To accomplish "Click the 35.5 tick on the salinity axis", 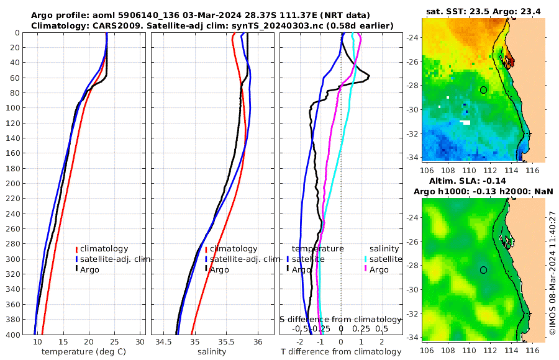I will point(226,342).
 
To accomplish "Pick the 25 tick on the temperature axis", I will point(114,342).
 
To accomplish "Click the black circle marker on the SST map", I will point(483,90).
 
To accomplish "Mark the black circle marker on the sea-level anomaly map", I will point(483,270).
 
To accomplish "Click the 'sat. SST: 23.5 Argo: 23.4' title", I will point(482,11).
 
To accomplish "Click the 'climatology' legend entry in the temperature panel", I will point(104,249).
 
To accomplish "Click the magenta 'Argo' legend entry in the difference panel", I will point(378,270).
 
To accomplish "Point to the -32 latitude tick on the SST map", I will point(411,133).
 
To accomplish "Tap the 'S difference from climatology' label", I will point(341,318).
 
